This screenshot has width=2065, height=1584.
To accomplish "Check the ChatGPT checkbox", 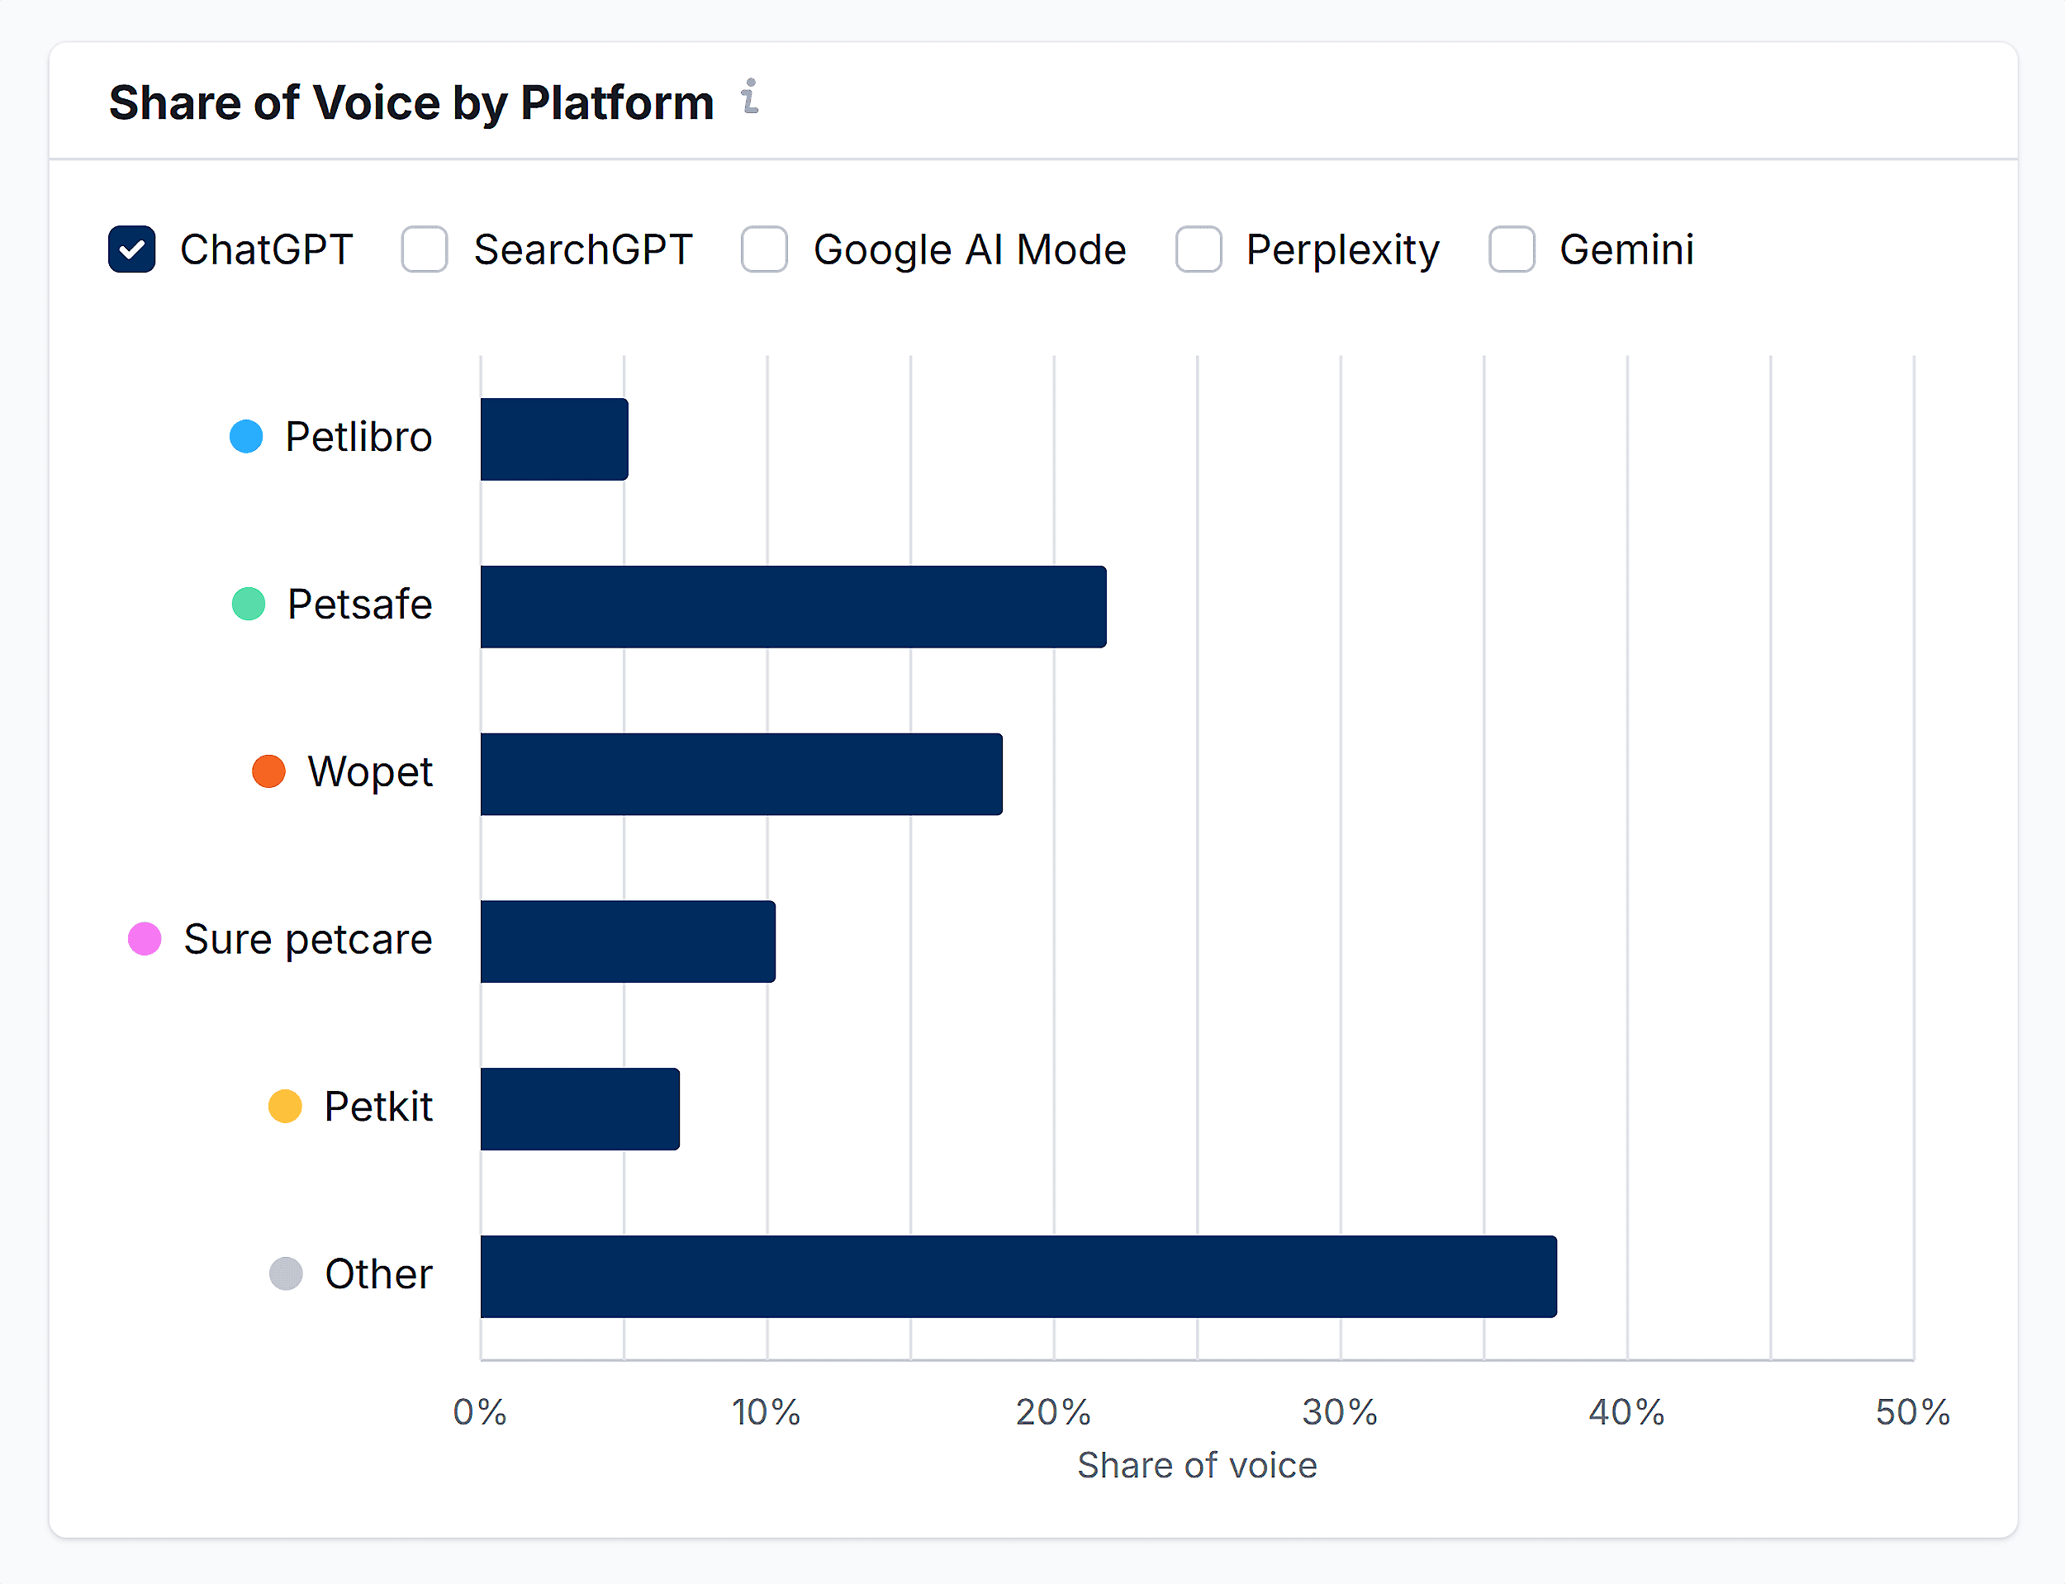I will point(132,250).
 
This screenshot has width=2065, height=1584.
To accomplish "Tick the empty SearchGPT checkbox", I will point(425,250).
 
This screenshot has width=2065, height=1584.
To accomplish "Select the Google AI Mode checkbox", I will point(764,250).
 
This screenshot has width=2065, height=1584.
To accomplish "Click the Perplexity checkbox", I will point(1199,250).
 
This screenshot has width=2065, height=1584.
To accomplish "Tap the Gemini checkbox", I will point(1512,250).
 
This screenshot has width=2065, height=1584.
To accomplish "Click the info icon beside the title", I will point(750,97).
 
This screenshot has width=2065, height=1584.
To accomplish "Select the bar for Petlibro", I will point(554,439).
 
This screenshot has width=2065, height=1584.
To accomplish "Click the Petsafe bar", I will point(793,607).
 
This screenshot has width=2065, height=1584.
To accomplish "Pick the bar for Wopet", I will point(741,774).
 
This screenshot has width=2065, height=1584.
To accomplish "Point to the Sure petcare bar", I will point(628,942).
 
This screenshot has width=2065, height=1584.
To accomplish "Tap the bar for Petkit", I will point(580,1109).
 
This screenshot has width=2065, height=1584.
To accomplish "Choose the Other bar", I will point(1018,1277).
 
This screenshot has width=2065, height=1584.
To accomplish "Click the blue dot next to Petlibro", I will point(246,437).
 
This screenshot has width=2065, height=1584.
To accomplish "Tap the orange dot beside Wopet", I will point(268,771).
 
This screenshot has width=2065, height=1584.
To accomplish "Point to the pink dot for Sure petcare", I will point(145,939).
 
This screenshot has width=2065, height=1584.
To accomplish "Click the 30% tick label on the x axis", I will point(1340,1412).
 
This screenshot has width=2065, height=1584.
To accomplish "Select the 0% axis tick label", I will point(480,1412).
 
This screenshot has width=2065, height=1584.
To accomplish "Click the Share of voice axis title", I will point(1197,1466).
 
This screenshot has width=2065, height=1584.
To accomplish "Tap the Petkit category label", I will point(378,1107).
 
